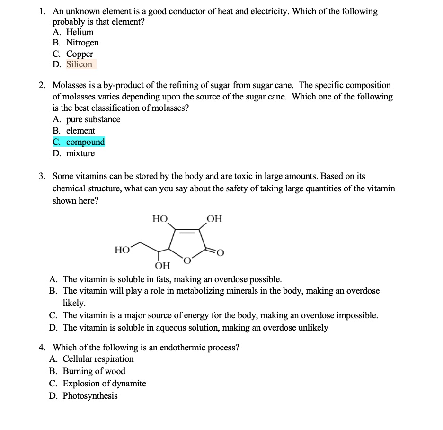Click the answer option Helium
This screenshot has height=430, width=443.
[80, 32]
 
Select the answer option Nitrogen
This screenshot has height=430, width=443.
[82, 43]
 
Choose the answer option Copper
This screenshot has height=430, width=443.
[80, 54]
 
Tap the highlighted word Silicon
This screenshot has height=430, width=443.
[80, 64]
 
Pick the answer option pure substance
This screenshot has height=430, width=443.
[93, 119]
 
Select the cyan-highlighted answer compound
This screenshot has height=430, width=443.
[85, 142]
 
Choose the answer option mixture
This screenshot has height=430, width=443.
[80, 153]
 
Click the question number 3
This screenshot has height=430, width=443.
[42, 176]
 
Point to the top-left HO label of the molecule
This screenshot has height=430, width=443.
[160, 219]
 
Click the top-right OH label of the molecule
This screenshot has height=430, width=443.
[214, 219]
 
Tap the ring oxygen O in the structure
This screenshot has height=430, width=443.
[187, 260]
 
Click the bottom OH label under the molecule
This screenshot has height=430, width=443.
[162, 265]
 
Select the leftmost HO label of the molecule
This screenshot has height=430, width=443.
[122, 250]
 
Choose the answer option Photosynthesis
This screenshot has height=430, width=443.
[90, 396]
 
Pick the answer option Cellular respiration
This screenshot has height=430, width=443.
[98, 359]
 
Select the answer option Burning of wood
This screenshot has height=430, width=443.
[94, 371]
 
